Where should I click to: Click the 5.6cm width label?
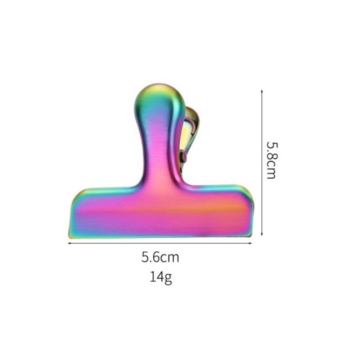pyautogui.click(x=160, y=257)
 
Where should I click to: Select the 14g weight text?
pyautogui.click(x=161, y=277)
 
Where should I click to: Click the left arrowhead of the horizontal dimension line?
pyautogui.click(x=69, y=243)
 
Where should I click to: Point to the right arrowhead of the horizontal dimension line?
pyautogui.click(x=251, y=243)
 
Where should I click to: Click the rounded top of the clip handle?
pyautogui.click(x=159, y=90)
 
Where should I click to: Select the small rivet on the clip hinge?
pyautogui.click(x=184, y=156)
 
